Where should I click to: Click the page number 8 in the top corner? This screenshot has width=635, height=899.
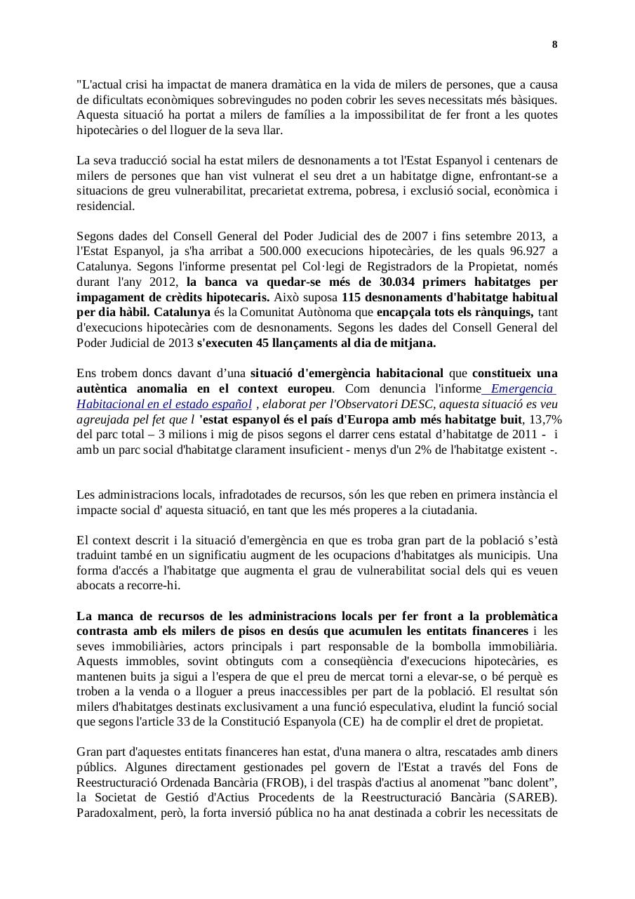pyautogui.click(x=554, y=45)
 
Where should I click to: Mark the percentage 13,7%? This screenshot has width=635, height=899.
pyautogui.click(x=544, y=419)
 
